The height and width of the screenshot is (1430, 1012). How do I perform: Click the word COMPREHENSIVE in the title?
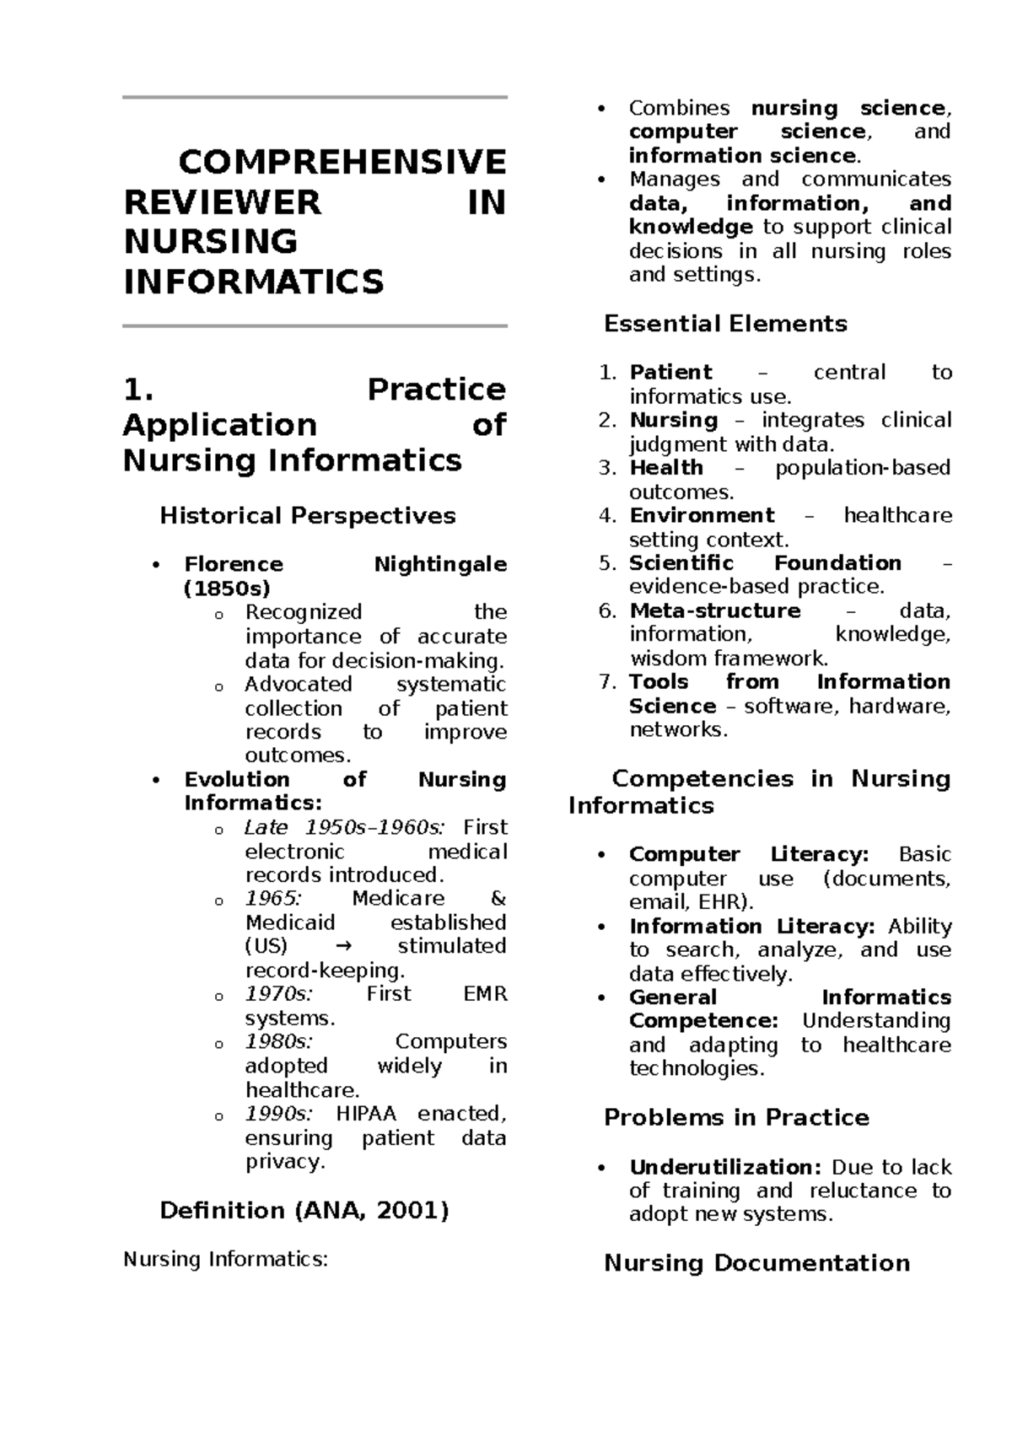[342, 162]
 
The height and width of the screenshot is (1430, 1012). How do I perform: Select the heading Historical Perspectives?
[308, 516]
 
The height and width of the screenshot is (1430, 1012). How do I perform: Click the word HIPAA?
[366, 1114]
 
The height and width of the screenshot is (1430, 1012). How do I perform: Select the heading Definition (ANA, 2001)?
[304, 1211]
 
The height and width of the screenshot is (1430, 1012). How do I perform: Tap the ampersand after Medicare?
[498, 899]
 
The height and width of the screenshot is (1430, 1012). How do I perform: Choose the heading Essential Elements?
[725, 324]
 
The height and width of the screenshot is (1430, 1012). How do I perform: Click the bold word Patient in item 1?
[671, 373]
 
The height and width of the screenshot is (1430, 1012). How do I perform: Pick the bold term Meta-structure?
[715, 610]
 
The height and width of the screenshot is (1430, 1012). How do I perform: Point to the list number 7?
[608, 682]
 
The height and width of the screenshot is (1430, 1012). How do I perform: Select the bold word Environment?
[702, 515]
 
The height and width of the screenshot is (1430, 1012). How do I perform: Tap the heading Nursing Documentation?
[756, 1263]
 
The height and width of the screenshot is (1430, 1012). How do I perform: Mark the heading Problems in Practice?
[736, 1118]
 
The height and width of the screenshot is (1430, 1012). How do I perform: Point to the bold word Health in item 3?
[666, 468]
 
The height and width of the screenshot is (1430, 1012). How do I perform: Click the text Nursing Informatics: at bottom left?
[225, 1260]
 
